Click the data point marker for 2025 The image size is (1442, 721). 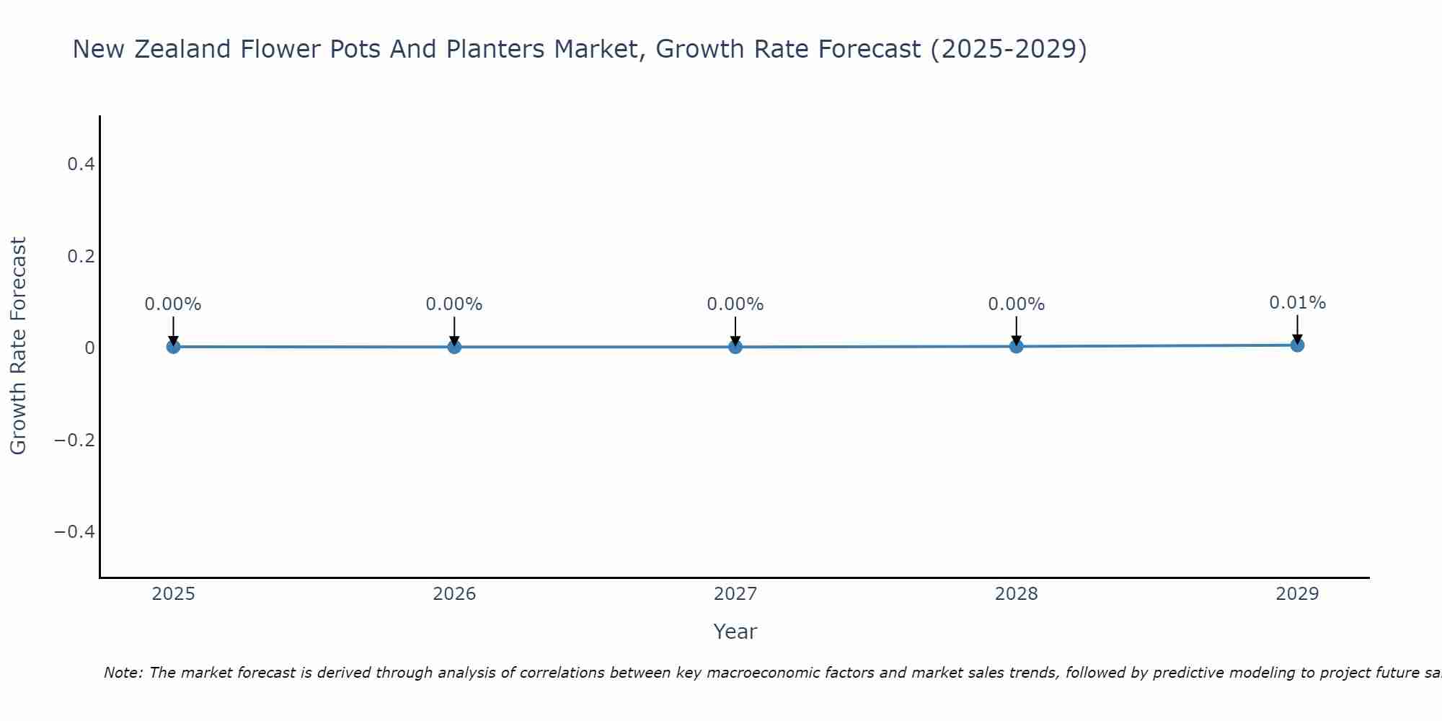[173, 347]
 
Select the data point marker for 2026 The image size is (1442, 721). [454, 347]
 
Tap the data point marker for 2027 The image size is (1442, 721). [735, 347]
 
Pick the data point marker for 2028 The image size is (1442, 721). [1017, 346]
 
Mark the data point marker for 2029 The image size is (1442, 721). [1297, 345]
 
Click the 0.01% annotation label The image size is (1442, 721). [1297, 303]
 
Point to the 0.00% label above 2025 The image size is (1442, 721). [173, 304]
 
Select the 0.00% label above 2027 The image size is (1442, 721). [735, 304]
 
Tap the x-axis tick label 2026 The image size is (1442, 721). [454, 594]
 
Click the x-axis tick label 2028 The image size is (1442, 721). [1017, 594]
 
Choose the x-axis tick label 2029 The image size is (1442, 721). [1297, 594]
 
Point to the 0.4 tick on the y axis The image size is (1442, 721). [81, 164]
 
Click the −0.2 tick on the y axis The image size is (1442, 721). [75, 440]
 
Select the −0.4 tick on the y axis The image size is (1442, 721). [75, 532]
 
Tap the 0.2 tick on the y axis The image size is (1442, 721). [81, 257]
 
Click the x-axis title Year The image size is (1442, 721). [735, 632]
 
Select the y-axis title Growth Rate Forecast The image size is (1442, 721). [18, 346]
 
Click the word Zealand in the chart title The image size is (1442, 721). [180, 49]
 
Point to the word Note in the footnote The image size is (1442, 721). [123, 673]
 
